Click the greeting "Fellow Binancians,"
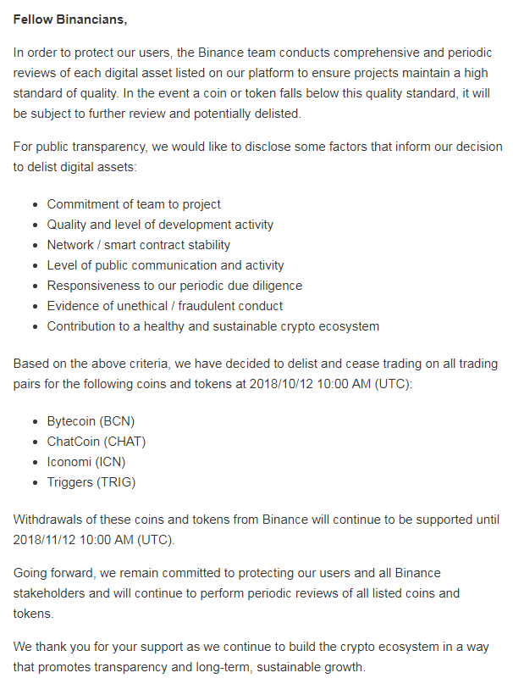(70, 18)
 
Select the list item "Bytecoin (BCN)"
(91, 421)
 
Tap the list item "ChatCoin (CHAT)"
(97, 442)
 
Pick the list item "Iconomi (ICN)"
(86, 462)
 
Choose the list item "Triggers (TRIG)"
(91, 482)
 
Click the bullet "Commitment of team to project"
(134, 204)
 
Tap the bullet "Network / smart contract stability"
(139, 245)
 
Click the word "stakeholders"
(50, 593)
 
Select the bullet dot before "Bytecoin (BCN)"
(34, 421)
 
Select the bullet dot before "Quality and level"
(34, 225)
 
